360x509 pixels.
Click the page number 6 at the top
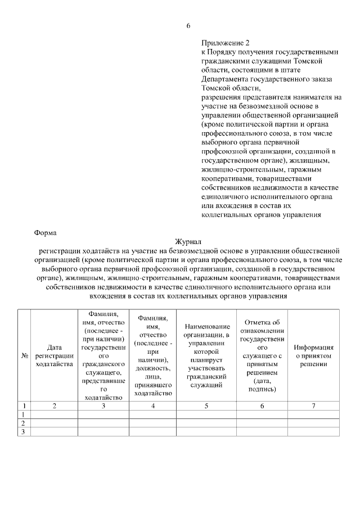coord(188,26)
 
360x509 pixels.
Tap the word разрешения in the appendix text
coord(222,97)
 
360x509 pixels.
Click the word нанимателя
coord(312,97)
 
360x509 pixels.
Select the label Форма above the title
coord(45,232)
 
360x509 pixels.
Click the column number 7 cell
coord(314,406)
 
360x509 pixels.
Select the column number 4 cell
coord(154,406)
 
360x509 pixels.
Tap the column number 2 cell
coord(54,406)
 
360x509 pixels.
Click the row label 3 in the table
coord(24,431)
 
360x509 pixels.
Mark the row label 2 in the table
coord(24,423)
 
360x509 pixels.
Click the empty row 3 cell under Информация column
coord(314,431)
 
